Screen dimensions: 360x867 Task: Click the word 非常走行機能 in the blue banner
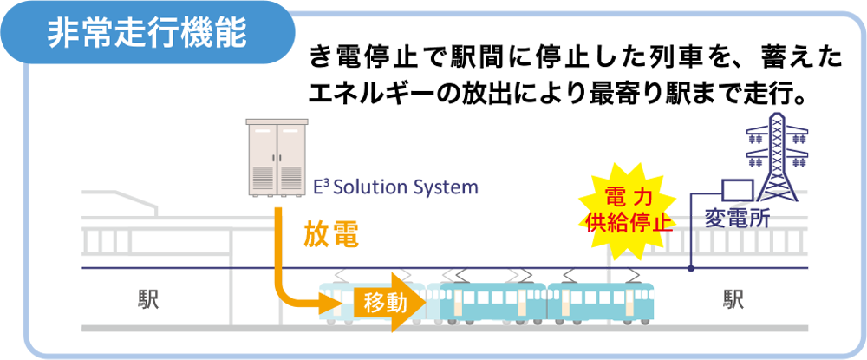click(147, 34)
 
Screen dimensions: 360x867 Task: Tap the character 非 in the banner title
click(63, 34)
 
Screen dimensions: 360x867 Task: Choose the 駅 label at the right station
click(733, 299)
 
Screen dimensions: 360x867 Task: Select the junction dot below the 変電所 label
click(690, 269)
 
